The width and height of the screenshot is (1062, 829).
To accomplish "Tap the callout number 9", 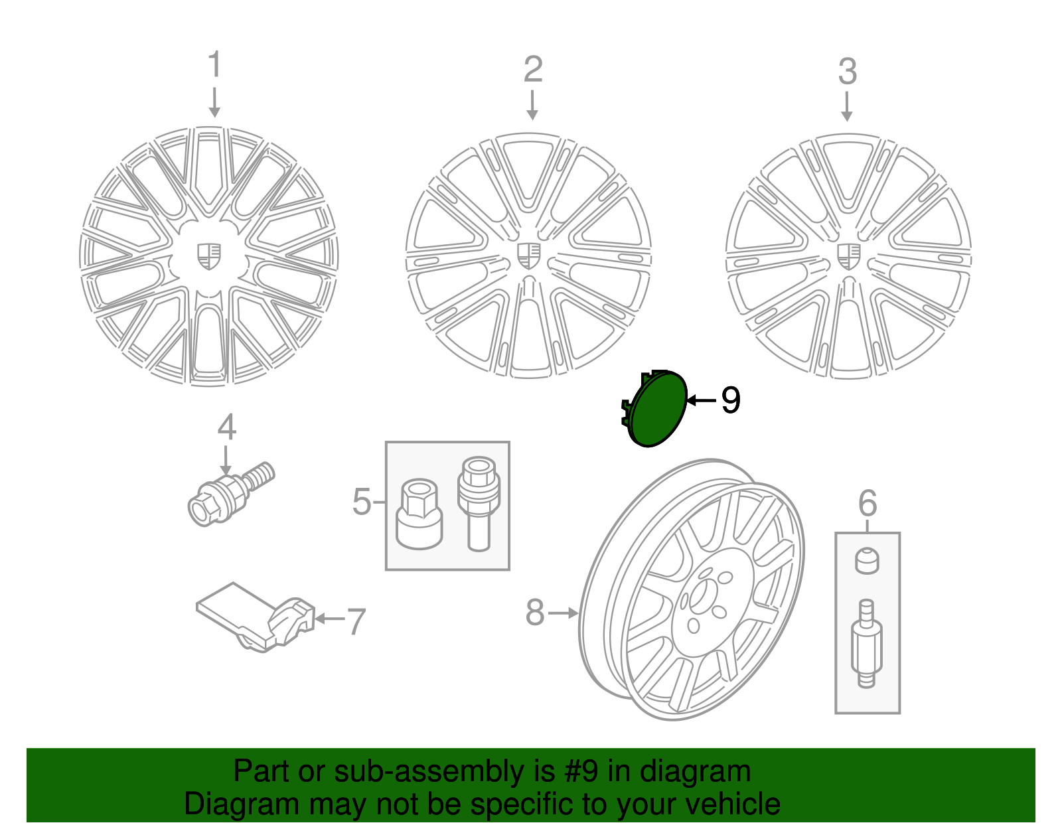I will click(730, 401).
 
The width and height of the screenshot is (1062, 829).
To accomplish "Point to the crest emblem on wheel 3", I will click(848, 256).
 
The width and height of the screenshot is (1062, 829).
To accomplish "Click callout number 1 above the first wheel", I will click(214, 65).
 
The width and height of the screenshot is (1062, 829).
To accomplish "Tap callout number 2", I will click(532, 70).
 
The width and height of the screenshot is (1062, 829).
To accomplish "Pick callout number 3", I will click(847, 72).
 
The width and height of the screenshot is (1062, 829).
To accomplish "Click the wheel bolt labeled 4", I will click(229, 494).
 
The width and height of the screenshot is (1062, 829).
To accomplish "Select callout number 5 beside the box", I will click(362, 502).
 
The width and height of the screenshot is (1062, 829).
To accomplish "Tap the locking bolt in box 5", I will click(479, 502).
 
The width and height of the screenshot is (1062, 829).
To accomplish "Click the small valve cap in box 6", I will click(866, 561).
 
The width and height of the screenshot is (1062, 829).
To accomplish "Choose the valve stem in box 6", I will click(866, 644).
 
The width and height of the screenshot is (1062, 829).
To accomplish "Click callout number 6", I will click(867, 504).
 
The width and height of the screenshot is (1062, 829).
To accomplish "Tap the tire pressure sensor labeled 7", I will click(256, 618).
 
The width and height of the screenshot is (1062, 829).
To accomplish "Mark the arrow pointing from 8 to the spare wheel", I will click(564, 613).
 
